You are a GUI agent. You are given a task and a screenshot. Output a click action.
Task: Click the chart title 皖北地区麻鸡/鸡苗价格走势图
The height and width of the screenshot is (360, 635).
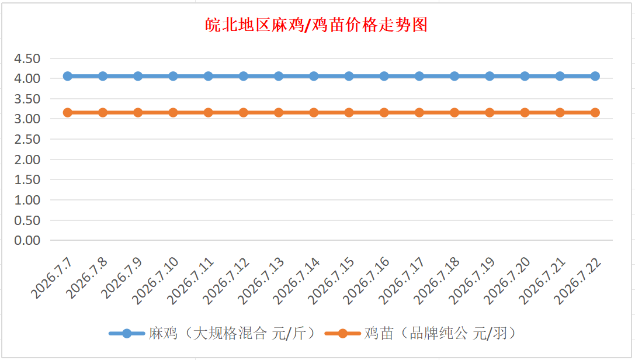[x=316, y=25]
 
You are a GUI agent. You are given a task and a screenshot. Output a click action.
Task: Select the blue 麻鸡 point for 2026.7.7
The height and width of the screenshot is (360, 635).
[x=68, y=76]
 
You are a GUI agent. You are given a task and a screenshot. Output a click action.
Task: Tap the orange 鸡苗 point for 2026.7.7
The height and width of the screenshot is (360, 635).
[x=68, y=113]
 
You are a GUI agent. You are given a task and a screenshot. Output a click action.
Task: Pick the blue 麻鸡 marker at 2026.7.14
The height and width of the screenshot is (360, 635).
[x=314, y=76]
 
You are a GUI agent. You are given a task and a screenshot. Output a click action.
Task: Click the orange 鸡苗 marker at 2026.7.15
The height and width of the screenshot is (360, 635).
[x=349, y=113]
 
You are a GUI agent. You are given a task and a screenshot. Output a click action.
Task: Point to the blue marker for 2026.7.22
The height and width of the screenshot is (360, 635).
[x=595, y=76]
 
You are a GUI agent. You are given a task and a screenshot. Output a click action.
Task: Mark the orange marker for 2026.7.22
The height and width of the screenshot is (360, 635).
[x=595, y=113]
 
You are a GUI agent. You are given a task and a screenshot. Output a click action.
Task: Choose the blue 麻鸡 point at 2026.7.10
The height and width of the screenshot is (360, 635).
[x=173, y=76]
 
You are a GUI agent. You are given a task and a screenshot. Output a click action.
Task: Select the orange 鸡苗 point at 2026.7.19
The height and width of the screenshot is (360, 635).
[x=490, y=113]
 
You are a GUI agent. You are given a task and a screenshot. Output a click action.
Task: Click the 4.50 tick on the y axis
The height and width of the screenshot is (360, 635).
[x=27, y=58]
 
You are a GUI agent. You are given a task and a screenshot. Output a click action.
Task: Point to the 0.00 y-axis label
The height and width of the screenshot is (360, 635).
[x=27, y=241]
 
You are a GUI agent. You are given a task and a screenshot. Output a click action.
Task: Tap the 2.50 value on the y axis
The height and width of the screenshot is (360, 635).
[x=27, y=139]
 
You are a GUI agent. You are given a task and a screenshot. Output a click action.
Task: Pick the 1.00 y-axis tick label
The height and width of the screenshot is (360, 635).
[x=27, y=200]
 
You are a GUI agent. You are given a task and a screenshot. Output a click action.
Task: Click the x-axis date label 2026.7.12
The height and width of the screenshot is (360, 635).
[x=226, y=281]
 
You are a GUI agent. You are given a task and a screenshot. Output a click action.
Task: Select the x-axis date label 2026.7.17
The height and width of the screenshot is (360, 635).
[x=402, y=281]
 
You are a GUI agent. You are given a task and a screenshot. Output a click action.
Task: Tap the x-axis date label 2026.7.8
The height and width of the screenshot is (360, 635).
[x=87, y=278]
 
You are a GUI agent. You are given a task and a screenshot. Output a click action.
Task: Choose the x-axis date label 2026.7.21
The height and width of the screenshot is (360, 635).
[x=542, y=281]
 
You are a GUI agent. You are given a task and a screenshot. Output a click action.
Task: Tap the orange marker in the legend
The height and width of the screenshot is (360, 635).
[x=342, y=334]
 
